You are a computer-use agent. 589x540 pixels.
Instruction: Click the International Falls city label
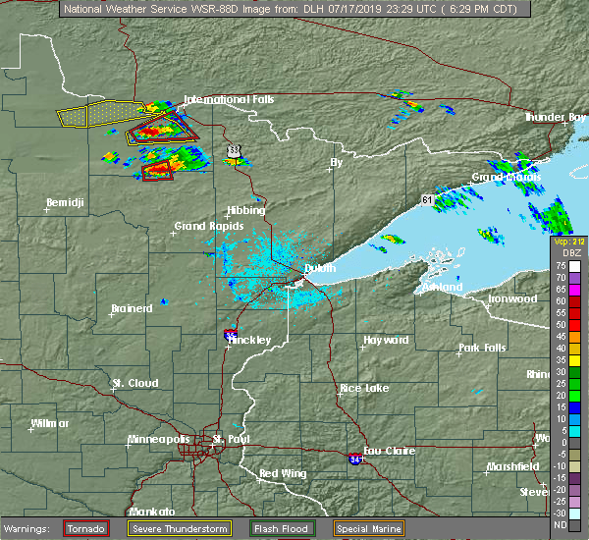click(x=230, y=100)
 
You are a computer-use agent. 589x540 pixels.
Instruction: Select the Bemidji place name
click(x=67, y=203)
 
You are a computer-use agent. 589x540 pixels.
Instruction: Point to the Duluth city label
click(x=319, y=268)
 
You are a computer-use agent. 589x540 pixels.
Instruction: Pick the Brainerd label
click(x=132, y=308)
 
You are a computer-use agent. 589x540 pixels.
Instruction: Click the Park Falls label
click(x=481, y=349)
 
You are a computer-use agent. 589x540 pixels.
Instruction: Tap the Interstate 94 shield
click(x=354, y=458)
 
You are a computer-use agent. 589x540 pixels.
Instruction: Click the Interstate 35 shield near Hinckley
click(x=229, y=334)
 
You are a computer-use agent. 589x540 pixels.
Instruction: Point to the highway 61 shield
click(x=427, y=200)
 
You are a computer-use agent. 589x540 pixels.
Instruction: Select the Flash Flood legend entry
click(x=281, y=528)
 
